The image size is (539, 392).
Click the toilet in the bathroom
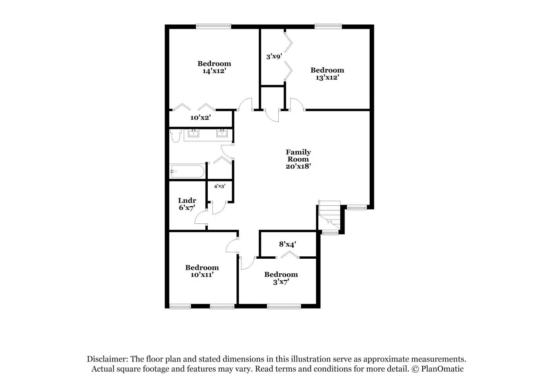[x=175, y=136]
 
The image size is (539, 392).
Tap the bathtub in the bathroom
[x=187, y=171]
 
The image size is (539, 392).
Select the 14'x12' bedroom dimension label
[x=214, y=71]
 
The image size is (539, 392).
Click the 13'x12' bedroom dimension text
[x=327, y=78]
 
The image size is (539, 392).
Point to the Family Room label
[x=298, y=156]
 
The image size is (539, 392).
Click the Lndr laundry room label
[x=187, y=201]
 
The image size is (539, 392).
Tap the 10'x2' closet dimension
[x=200, y=118]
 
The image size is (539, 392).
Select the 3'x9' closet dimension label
[x=274, y=56]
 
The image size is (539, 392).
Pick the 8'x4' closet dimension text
[x=287, y=244]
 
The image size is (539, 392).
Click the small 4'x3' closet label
[x=220, y=186]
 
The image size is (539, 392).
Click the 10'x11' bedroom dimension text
[x=202, y=275]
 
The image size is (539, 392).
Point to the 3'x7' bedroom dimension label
[x=281, y=282]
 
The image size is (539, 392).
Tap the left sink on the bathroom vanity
[x=193, y=133]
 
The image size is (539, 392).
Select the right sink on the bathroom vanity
[x=222, y=133]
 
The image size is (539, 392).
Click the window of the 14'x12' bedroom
[x=213, y=27]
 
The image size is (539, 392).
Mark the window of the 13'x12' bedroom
[x=328, y=27]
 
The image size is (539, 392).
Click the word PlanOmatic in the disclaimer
[x=442, y=369]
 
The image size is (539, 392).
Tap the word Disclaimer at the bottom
[x=107, y=359]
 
